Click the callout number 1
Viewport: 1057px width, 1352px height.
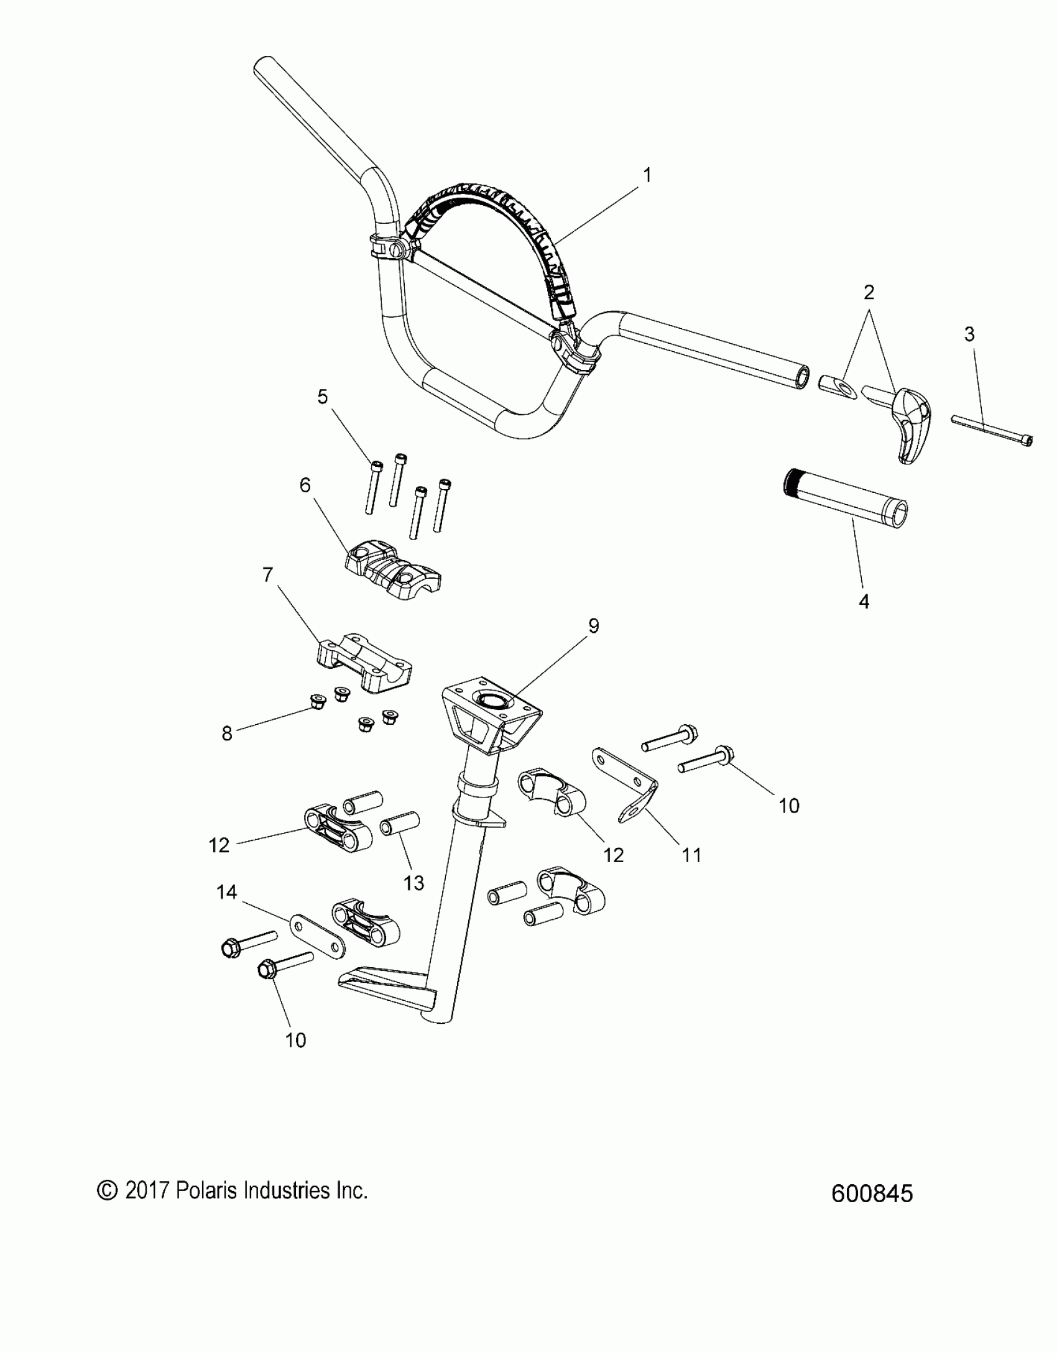(647, 176)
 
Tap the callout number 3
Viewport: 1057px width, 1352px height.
(969, 334)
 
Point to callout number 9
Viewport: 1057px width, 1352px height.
(594, 626)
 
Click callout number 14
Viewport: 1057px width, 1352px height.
(226, 892)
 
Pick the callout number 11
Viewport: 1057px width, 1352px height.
(692, 855)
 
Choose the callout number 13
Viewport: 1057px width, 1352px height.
(413, 883)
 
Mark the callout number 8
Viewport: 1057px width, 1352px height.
(227, 733)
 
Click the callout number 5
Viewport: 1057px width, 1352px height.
(322, 397)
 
